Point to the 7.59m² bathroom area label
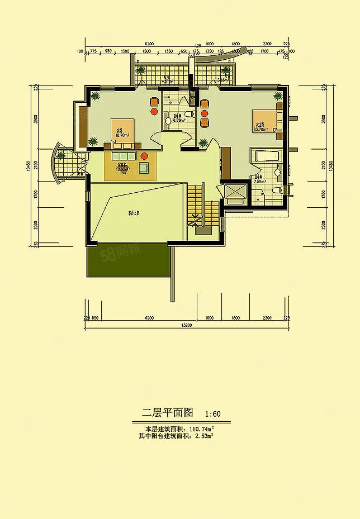[x=259, y=182]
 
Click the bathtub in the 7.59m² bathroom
[x=268, y=156]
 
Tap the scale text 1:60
[x=213, y=414]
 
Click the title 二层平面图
[x=167, y=413]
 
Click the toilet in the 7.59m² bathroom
[x=274, y=191]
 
